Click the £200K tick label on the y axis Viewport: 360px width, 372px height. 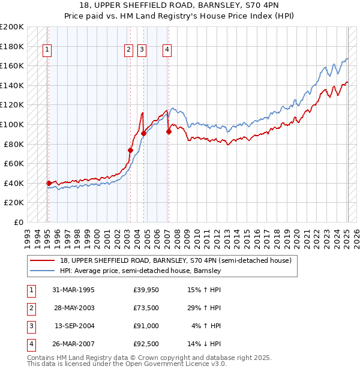[12, 27]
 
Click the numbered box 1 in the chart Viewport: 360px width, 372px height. [47, 50]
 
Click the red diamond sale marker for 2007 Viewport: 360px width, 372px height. [169, 132]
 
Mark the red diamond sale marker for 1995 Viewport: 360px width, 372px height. [49, 183]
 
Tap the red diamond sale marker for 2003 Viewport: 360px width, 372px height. [130, 150]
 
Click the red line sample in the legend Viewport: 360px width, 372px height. [43, 260]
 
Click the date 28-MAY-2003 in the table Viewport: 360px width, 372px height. [74, 308]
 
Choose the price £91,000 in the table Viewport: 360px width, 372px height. [146, 326]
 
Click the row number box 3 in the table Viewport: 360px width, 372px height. [31, 326]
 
